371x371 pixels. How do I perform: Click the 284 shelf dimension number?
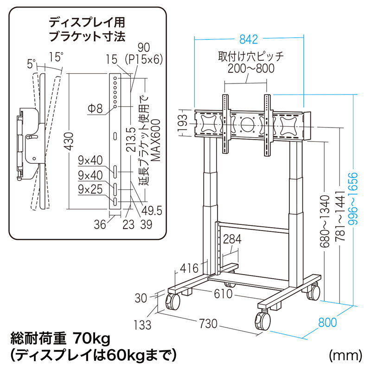point(231,239)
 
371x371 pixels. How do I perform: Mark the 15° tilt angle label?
point(56,58)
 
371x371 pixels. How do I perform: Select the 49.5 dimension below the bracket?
point(151,211)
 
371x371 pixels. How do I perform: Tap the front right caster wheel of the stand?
point(262,320)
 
